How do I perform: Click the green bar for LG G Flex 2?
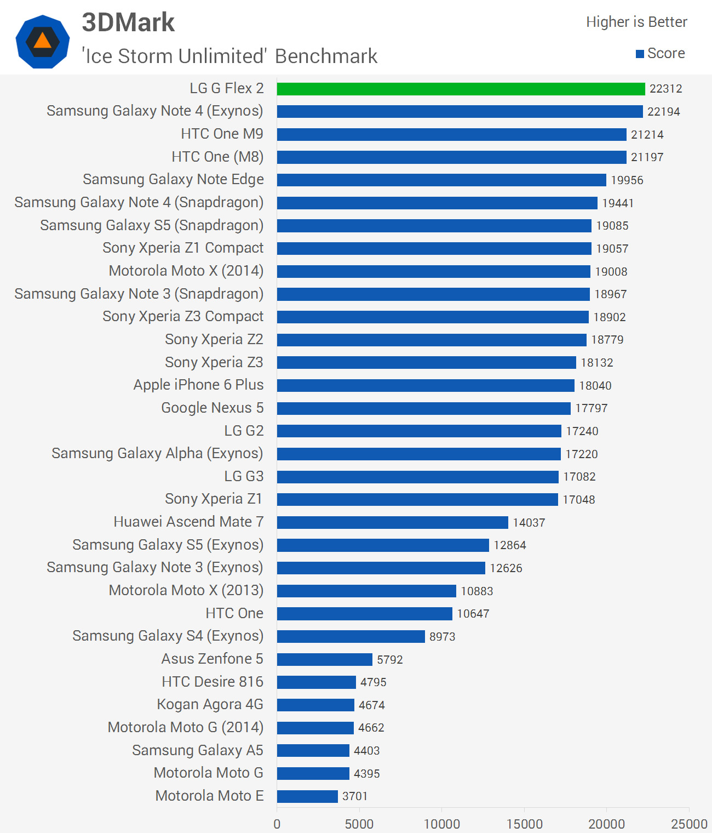point(461,89)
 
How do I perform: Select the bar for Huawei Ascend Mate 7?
point(392,522)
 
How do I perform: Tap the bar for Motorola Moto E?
point(307,796)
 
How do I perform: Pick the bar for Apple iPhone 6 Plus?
point(426,386)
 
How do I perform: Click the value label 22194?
point(663,112)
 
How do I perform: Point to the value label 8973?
point(442,637)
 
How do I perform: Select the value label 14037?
point(529,523)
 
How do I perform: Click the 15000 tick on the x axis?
point(524,824)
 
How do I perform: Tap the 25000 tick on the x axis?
point(689,824)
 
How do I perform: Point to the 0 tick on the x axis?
point(277,824)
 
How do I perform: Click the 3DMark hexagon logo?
point(43,42)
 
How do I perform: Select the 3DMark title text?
point(128,23)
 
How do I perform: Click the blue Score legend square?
point(640,54)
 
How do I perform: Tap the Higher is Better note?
point(636,22)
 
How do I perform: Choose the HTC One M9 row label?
point(222,134)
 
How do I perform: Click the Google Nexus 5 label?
point(212,408)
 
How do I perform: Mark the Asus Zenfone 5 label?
point(212,659)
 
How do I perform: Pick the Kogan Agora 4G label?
point(210,704)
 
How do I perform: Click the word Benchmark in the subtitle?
point(326,56)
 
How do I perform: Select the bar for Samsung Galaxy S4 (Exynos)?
point(351,636)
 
